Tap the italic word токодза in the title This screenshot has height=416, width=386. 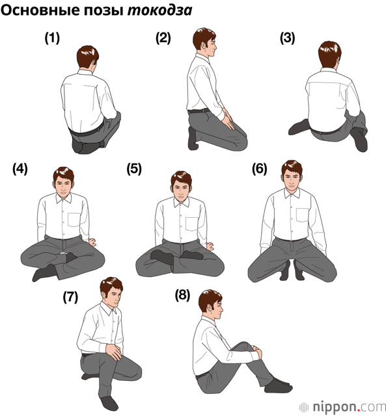point(159,10)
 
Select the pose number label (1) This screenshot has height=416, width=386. point(52,38)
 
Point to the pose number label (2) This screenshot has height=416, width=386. point(163,38)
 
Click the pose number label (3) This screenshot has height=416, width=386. point(288,38)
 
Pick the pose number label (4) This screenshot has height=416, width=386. point(20,169)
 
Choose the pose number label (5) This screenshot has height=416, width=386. point(134,169)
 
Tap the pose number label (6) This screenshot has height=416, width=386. point(260,169)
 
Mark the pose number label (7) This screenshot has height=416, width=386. point(70,297)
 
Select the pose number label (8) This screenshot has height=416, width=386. point(182,295)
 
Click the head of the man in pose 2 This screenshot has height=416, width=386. point(205,42)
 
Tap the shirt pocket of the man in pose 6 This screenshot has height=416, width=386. point(303,215)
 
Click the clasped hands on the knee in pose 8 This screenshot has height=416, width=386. point(257,352)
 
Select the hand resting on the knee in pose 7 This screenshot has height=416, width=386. point(114,351)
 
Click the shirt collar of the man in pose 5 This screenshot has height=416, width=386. point(182,202)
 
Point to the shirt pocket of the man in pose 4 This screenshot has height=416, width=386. point(74,220)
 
